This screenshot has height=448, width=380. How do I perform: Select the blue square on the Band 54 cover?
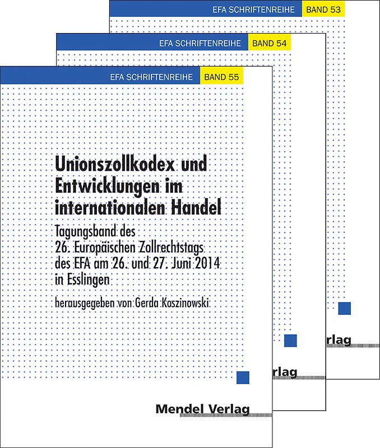coord(290,340)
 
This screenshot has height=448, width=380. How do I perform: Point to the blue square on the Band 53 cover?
coord(345,309)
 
